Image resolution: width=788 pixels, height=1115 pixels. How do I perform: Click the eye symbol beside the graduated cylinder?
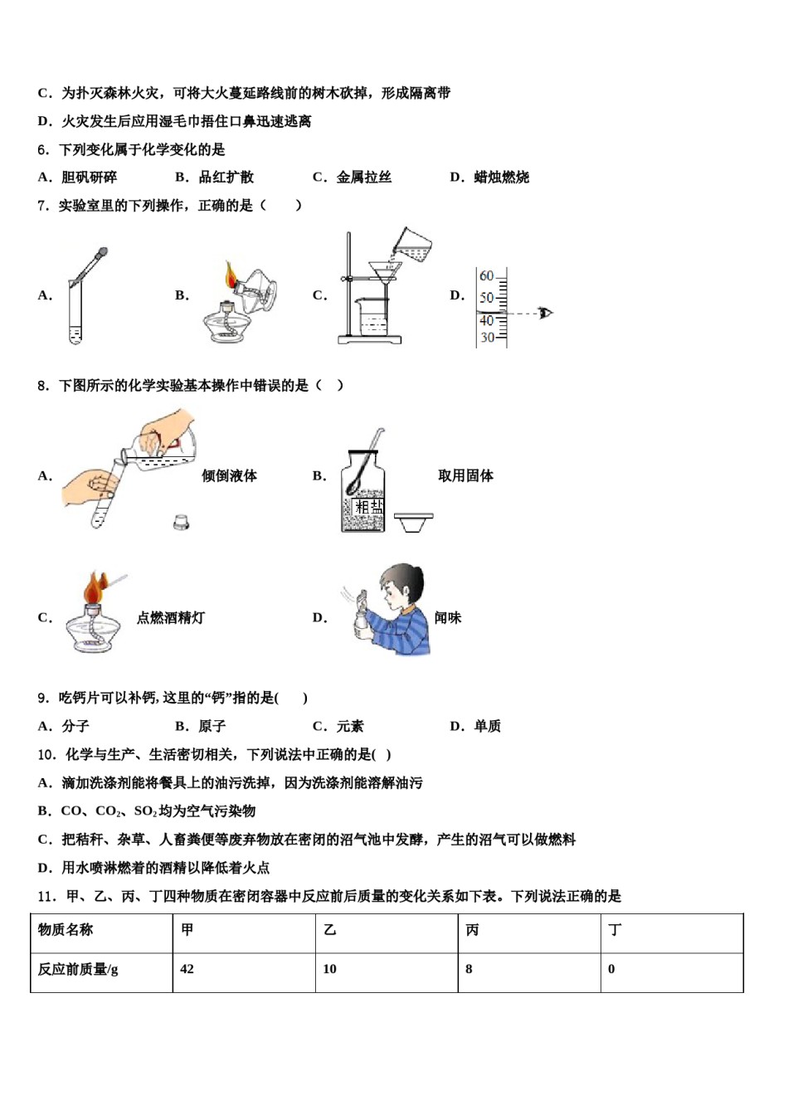pyautogui.click(x=545, y=313)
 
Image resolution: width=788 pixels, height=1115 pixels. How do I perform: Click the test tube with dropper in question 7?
pyautogui.click(x=76, y=311)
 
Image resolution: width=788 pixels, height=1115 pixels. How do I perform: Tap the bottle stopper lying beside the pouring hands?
pyautogui.click(x=181, y=522)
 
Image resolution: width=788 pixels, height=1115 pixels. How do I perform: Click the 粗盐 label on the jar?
pyautogui.click(x=368, y=506)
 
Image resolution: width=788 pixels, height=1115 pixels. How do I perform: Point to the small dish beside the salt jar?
pyautogui.click(x=413, y=522)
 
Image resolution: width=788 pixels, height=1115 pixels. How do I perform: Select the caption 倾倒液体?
pyautogui.click(x=229, y=475)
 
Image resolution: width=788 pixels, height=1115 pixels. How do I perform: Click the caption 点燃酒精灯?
pyautogui.click(x=170, y=618)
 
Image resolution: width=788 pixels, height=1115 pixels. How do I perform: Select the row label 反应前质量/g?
pyautogui.click(x=78, y=969)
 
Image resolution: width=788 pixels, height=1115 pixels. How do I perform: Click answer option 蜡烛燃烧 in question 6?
pyautogui.click(x=501, y=178)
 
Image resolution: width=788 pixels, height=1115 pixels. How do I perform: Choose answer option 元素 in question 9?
pyautogui.click(x=349, y=727)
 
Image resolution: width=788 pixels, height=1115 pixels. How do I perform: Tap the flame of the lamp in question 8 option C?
pyautogui.click(x=94, y=588)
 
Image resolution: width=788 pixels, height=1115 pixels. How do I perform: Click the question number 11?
pyautogui.click(x=46, y=896)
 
